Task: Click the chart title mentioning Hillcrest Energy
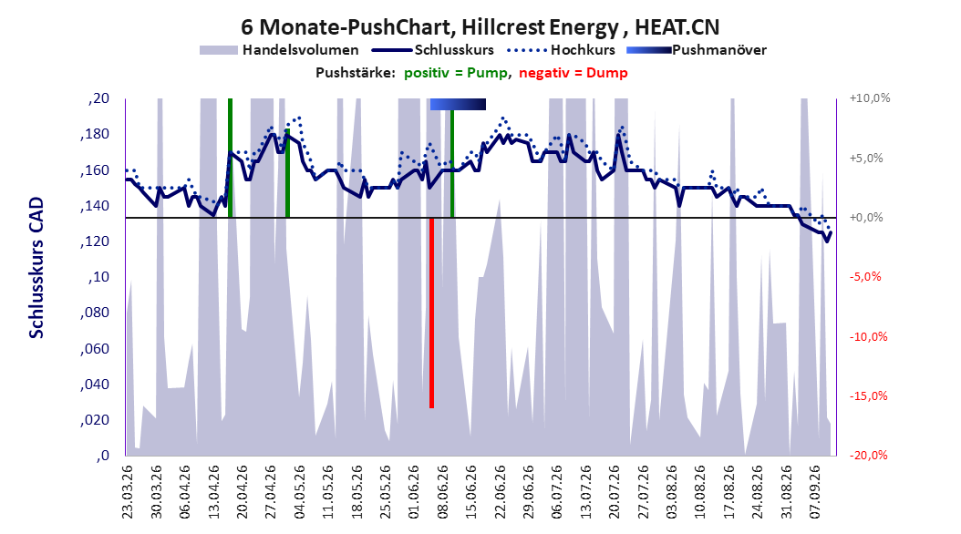[480, 27]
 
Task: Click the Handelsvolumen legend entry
[279, 50]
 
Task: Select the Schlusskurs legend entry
[433, 50]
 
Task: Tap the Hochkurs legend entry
[559, 50]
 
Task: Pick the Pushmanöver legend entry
[697, 50]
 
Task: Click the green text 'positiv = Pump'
[456, 73]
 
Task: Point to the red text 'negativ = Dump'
[573, 73]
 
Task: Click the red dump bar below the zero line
[431, 313]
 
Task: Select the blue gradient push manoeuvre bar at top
[458, 104]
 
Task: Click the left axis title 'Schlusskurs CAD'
[36, 267]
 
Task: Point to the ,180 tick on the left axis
[95, 134]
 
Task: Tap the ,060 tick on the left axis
[95, 348]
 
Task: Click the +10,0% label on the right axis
[870, 98]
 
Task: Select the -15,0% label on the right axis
[868, 395]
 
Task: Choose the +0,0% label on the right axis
[866, 218]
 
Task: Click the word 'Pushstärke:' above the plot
[356, 73]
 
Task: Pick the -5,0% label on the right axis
[865, 277]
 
